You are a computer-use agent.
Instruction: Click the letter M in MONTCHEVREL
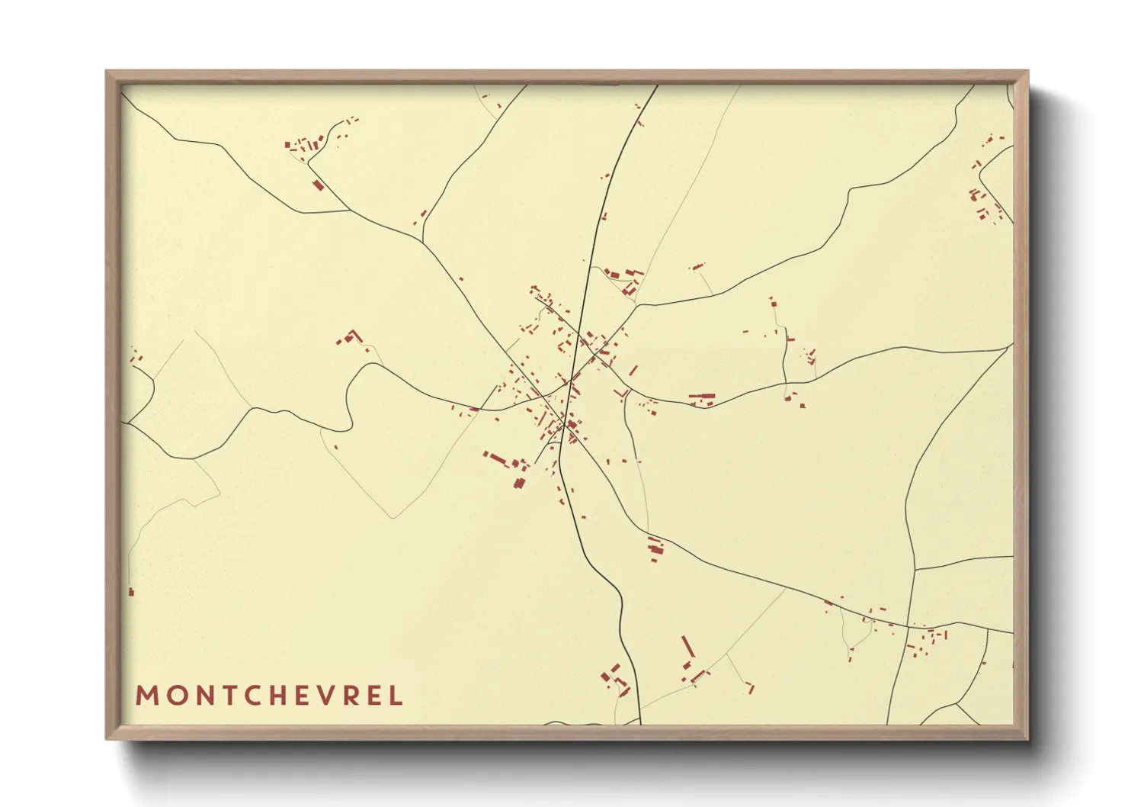point(146,696)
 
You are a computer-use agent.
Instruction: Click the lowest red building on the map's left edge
point(131,591)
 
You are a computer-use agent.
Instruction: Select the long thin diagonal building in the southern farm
point(687,647)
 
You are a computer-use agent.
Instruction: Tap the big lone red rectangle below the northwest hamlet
point(319,185)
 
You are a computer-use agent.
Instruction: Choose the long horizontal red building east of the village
point(702,397)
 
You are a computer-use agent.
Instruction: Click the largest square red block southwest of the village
point(519,483)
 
